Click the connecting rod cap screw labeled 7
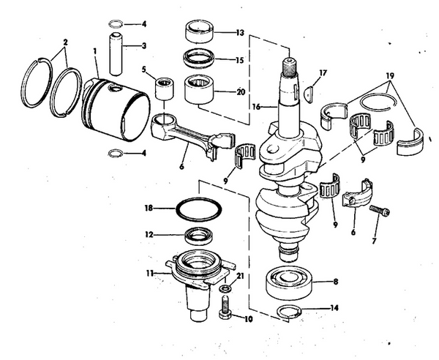click(379, 211)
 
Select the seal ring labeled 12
click(198, 236)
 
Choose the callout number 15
click(241, 59)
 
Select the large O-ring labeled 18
click(197, 209)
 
